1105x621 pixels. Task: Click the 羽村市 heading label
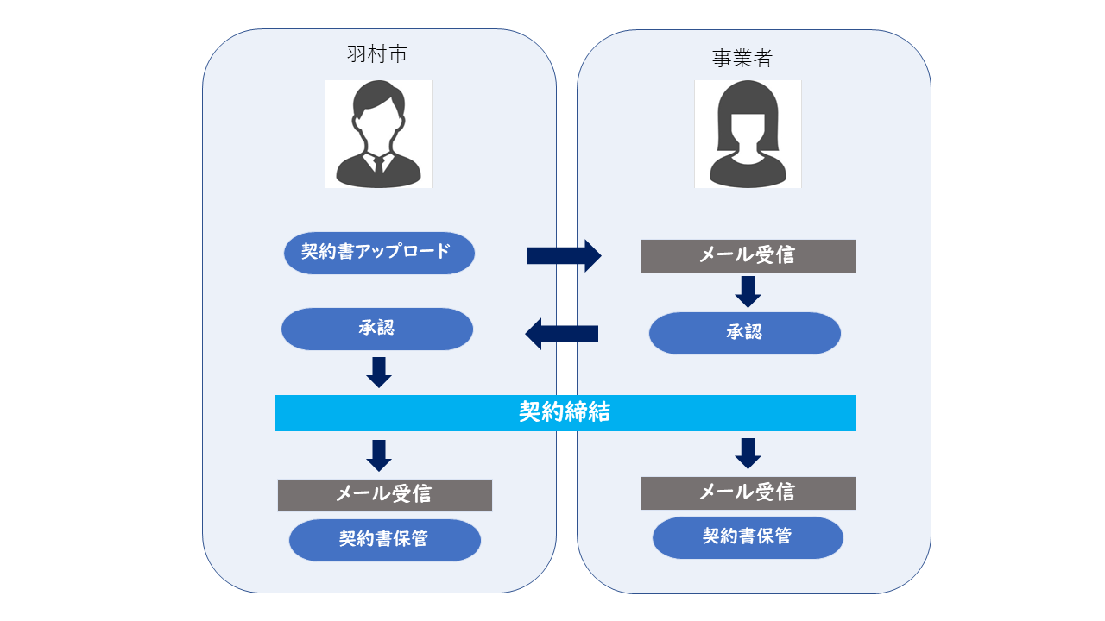[x=376, y=55]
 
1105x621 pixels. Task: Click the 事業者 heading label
[x=742, y=58]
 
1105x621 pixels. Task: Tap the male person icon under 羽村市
[x=378, y=135]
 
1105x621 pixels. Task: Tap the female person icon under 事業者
[x=748, y=135]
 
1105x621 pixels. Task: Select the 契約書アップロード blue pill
[x=379, y=253]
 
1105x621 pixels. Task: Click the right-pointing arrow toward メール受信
[x=565, y=255]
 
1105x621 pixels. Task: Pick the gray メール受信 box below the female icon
[x=748, y=256]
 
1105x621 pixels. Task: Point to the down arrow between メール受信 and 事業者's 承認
[x=748, y=292]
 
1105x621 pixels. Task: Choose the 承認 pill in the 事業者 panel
[x=744, y=333]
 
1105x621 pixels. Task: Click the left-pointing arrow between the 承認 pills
[x=562, y=333]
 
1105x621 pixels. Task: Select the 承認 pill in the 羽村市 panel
[x=377, y=329]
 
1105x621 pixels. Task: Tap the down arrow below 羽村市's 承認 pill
[x=379, y=372]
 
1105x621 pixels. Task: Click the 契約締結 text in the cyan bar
[x=565, y=412]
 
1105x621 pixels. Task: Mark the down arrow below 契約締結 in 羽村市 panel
[x=379, y=455]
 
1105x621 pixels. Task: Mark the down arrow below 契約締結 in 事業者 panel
[x=748, y=453]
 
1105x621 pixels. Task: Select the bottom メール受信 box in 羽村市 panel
[x=384, y=495]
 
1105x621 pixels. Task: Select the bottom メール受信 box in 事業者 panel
[x=748, y=492]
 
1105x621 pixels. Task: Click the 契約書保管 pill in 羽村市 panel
[x=384, y=540]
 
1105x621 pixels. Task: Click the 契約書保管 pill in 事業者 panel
[x=747, y=537]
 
